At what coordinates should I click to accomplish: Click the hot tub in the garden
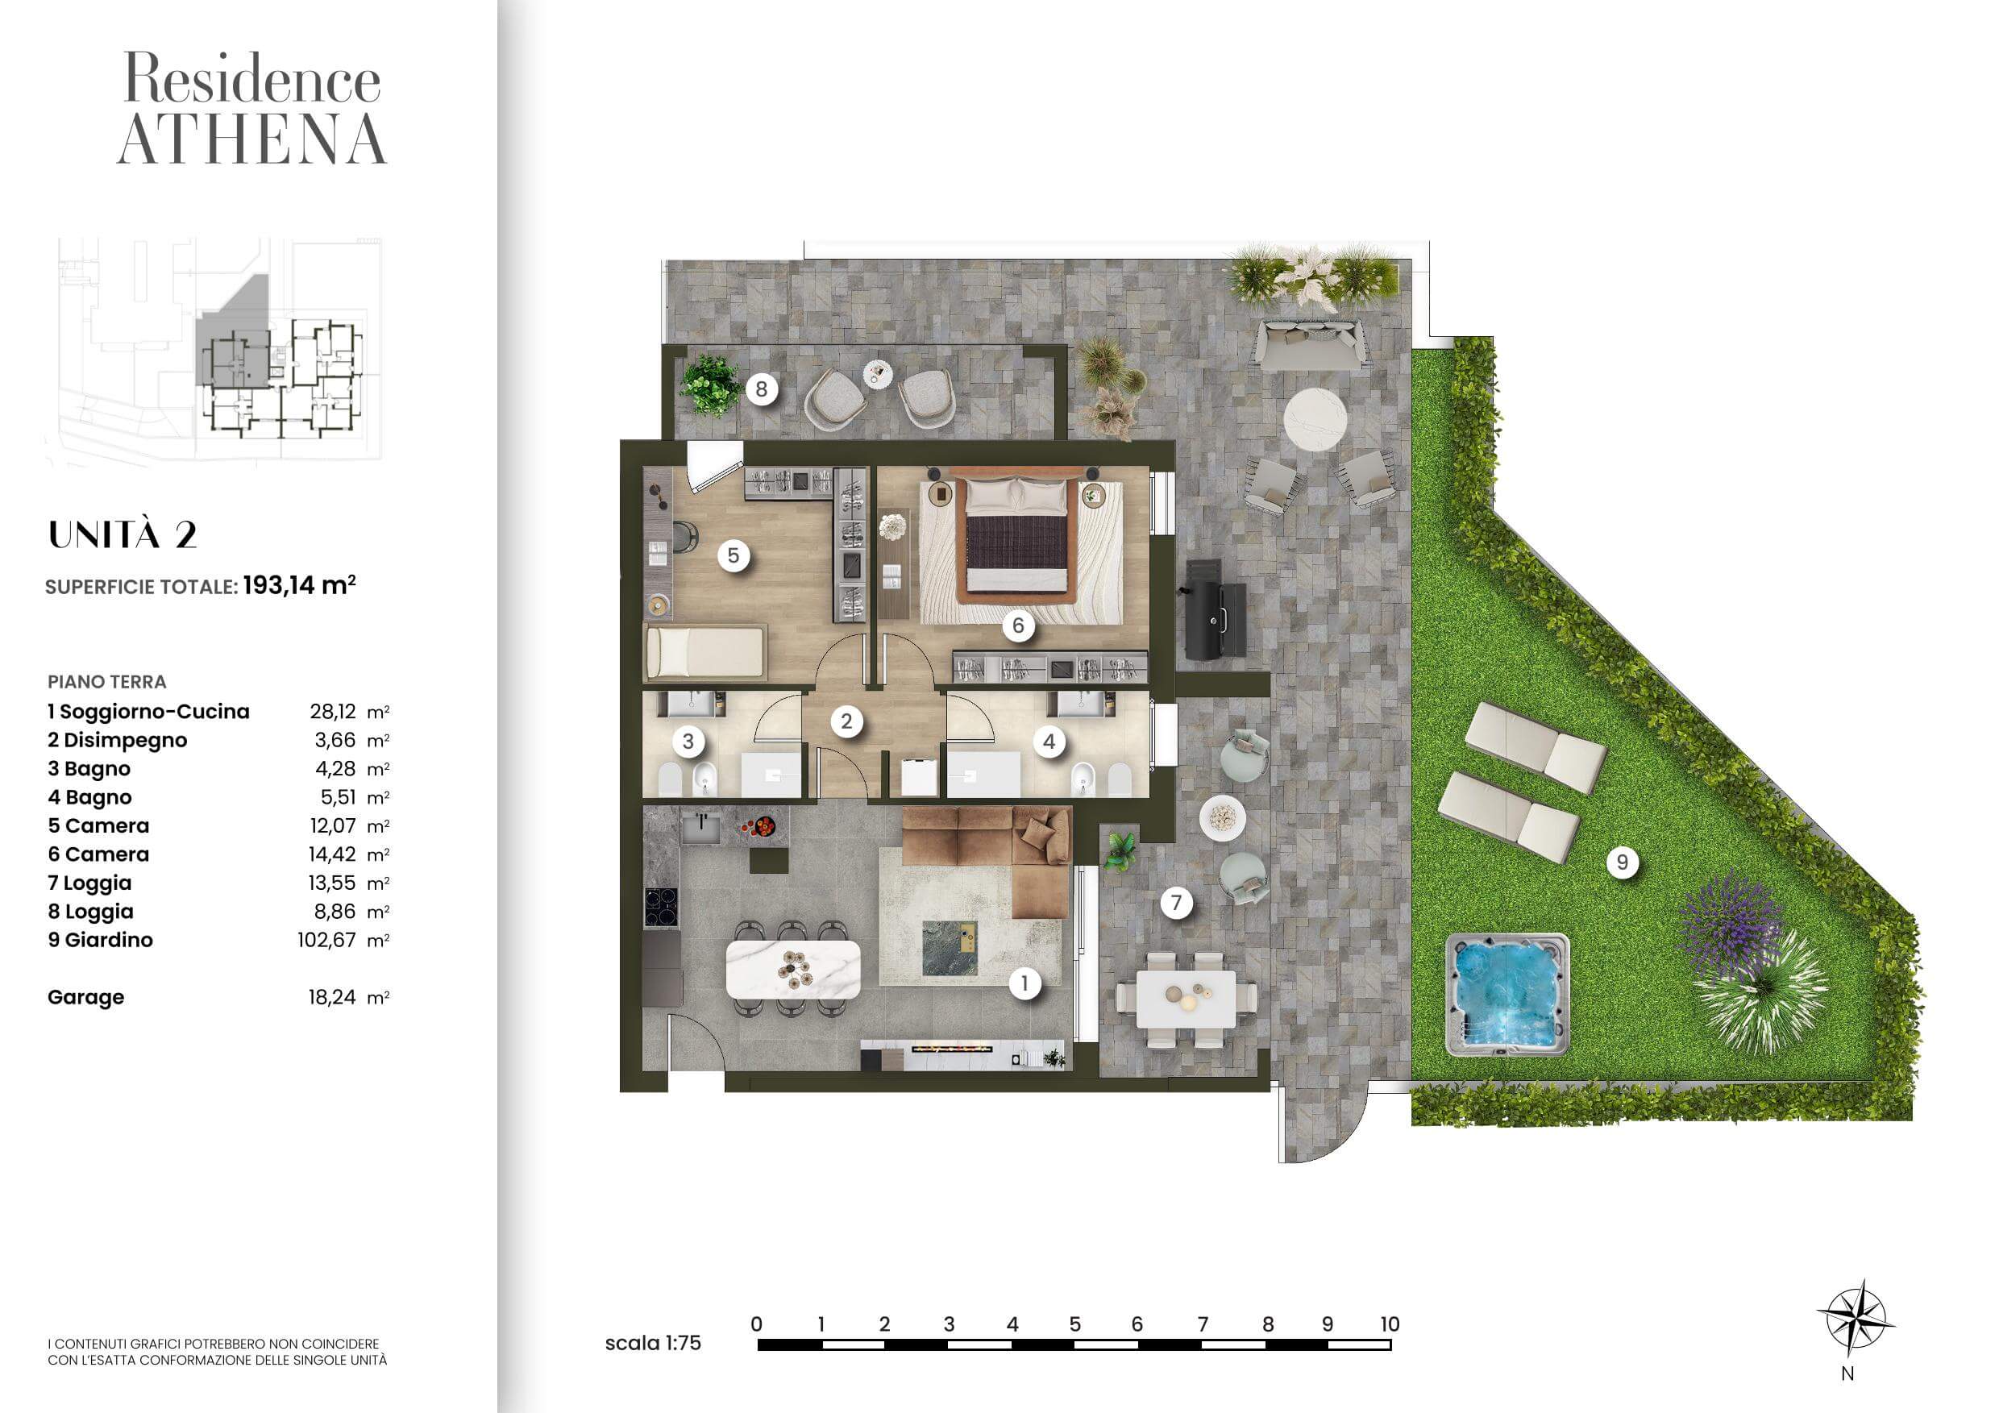tap(1507, 995)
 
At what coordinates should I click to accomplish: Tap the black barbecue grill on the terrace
tap(1215, 609)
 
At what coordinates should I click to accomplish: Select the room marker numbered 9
tap(1622, 862)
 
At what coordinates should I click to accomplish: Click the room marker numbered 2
tap(846, 721)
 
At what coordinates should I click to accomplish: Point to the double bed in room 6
tap(1017, 534)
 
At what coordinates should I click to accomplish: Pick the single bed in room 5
tap(705, 652)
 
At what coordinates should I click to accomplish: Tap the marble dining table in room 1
tap(793, 969)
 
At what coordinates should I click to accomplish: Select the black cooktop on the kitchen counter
tap(661, 906)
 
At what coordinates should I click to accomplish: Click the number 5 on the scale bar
tap(1074, 1324)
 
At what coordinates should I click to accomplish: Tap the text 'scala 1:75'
tap(653, 1343)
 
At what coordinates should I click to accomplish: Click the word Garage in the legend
tap(85, 998)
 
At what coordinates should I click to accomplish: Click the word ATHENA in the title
tap(251, 139)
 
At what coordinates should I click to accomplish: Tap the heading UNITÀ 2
tap(123, 534)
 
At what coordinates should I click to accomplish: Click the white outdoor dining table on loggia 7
tap(1186, 999)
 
